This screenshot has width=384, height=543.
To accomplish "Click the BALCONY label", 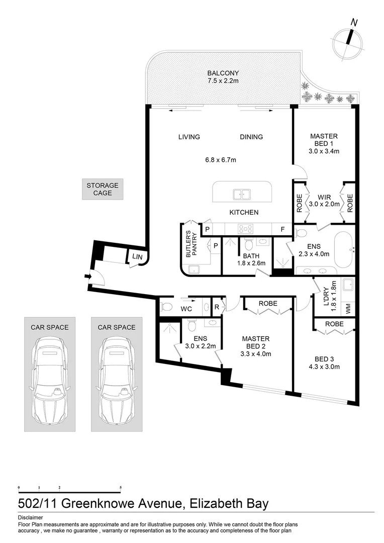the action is [223, 73].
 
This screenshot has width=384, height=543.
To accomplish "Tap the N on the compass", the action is [354, 23].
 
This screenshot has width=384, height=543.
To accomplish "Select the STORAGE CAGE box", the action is [103, 189].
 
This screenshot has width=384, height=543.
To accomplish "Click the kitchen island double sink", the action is [242, 194].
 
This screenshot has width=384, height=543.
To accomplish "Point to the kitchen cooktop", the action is [245, 229].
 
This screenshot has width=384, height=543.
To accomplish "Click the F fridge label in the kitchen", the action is [282, 229].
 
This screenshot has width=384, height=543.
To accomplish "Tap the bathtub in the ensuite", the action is [343, 249].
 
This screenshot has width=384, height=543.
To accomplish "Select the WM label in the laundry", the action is [348, 309].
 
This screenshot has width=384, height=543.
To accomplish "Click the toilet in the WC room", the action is [166, 307].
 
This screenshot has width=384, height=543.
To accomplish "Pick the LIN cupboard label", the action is [137, 256].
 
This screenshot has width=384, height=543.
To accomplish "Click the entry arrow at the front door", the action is [87, 277].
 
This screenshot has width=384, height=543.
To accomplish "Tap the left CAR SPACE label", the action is [50, 327].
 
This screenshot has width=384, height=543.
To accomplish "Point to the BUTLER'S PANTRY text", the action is [191, 244].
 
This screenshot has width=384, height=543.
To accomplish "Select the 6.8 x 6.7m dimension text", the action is [221, 160].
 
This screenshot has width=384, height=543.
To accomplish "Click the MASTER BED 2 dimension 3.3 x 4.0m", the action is [255, 354].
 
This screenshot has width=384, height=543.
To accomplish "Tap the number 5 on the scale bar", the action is [121, 488].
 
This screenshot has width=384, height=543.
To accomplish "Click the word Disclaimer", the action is [31, 518].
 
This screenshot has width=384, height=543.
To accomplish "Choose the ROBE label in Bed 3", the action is [334, 324].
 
